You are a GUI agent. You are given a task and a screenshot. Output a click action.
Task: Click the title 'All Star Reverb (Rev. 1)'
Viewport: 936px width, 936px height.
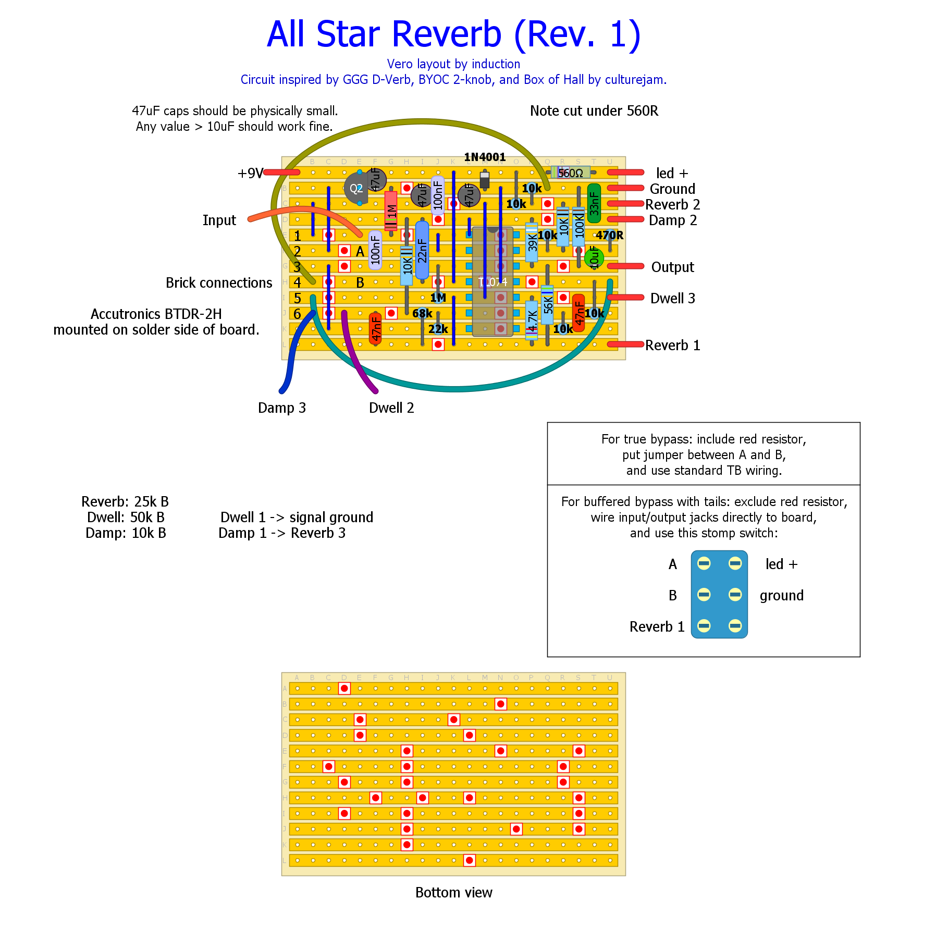(x=453, y=34)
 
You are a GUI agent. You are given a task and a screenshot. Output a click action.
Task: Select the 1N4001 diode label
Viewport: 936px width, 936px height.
(x=485, y=157)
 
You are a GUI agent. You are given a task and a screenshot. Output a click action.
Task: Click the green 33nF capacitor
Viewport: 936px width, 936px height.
(x=594, y=203)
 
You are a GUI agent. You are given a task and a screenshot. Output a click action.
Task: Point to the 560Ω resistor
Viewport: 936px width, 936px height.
(x=571, y=173)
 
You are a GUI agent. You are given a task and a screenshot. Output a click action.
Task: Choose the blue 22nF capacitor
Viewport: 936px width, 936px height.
(x=422, y=250)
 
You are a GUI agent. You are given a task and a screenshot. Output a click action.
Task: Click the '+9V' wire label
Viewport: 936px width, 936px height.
(x=251, y=173)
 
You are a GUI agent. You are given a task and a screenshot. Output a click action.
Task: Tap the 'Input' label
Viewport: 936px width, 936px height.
(x=219, y=220)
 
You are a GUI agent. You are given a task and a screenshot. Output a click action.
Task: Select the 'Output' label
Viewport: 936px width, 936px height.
(x=672, y=267)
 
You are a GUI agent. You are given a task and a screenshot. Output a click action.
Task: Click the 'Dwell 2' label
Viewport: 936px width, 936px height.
(x=391, y=408)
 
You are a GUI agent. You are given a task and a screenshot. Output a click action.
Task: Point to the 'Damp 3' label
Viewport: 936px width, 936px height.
(x=282, y=408)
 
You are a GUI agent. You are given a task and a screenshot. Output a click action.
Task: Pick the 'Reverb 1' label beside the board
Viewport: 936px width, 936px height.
(x=672, y=346)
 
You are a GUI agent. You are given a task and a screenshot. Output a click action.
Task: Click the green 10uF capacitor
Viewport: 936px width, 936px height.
(x=594, y=257)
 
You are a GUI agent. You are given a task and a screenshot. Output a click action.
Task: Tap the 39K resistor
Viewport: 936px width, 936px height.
(x=532, y=243)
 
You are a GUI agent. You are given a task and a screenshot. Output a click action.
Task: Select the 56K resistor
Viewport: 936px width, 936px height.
(x=547, y=304)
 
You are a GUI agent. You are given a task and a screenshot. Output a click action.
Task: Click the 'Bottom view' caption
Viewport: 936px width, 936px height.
(x=453, y=892)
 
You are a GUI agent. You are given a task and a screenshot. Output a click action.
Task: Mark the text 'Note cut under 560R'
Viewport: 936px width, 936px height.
(x=594, y=111)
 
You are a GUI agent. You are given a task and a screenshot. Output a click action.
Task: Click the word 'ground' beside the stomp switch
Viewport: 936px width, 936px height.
(x=781, y=595)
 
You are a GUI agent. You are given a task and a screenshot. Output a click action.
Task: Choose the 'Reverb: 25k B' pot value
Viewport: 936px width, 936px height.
(x=125, y=501)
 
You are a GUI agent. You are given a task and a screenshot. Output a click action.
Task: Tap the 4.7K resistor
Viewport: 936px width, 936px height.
(x=532, y=320)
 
